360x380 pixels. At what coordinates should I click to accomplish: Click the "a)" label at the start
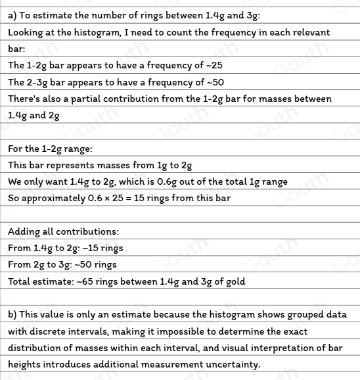tap(13, 15)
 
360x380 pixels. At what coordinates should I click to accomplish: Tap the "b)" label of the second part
tap(13, 314)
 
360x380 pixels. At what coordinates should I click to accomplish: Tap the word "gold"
tap(233, 281)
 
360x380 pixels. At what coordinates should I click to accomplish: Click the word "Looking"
tap(28, 32)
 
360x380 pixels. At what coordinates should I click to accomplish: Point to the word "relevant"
tap(308, 32)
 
